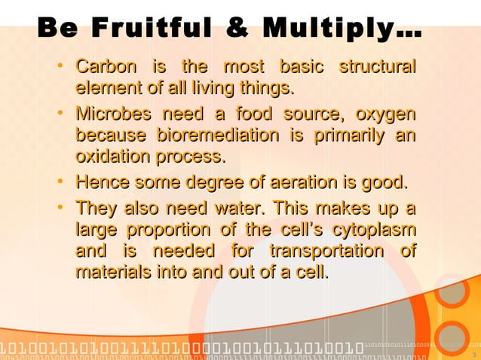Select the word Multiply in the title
coord(335,30)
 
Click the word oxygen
coord(385,115)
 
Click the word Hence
coord(100,183)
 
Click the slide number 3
coord(473,355)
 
